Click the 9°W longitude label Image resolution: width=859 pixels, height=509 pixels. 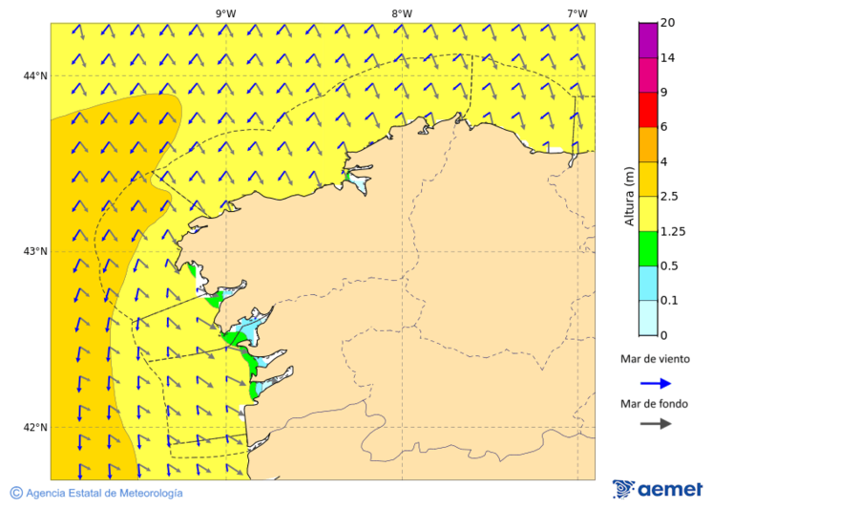pyautogui.click(x=225, y=13)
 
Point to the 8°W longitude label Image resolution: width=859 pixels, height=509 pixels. pyautogui.click(x=402, y=13)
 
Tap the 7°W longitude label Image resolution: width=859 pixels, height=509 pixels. pyautogui.click(x=576, y=13)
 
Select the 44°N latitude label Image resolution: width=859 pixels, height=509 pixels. pyautogui.click(x=35, y=76)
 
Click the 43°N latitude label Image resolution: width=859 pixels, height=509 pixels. pyautogui.click(x=35, y=252)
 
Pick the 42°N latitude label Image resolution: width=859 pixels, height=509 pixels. pyautogui.click(x=35, y=428)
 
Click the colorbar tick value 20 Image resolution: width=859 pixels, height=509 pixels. pyautogui.click(x=667, y=23)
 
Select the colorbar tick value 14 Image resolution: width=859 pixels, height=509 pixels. pyautogui.click(x=667, y=58)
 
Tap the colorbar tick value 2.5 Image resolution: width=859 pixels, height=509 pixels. pyautogui.click(x=669, y=197)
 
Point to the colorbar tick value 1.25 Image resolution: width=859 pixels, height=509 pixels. pyautogui.click(x=672, y=232)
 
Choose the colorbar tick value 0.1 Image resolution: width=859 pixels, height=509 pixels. pyautogui.click(x=669, y=301)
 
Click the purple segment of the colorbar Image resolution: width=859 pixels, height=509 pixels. pyautogui.click(x=647, y=40)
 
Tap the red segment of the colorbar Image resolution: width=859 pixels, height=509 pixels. pyautogui.click(x=647, y=110)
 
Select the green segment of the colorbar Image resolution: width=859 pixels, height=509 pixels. pyautogui.click(x=647, y=248)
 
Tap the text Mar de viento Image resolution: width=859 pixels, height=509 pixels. pyautogui.click(x=654, y=360)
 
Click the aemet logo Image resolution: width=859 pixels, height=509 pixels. pyautogui.click(x=658, y=489)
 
